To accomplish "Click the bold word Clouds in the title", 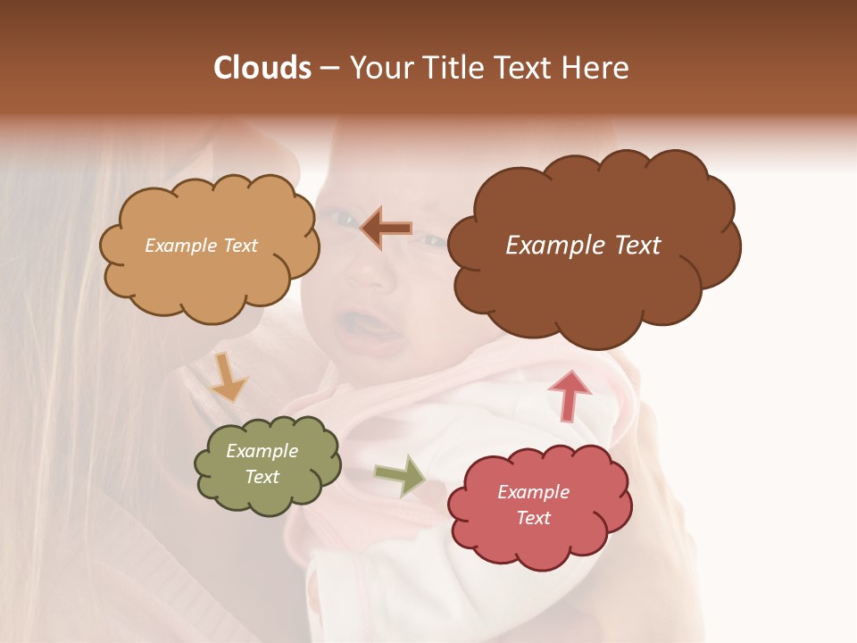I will (x=262, y=68).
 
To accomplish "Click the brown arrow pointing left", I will (x=387, y=228).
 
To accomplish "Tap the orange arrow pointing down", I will (x=229, y=376).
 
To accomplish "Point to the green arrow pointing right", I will (x=400, y=475).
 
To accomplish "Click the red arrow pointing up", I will (x=570, y=395).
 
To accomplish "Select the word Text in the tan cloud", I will (x=240, y=246).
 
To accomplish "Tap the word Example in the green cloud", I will (x=262, y=452).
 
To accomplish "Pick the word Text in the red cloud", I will (x=533, y=519).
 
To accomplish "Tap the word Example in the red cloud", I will (x=533, y=492).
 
